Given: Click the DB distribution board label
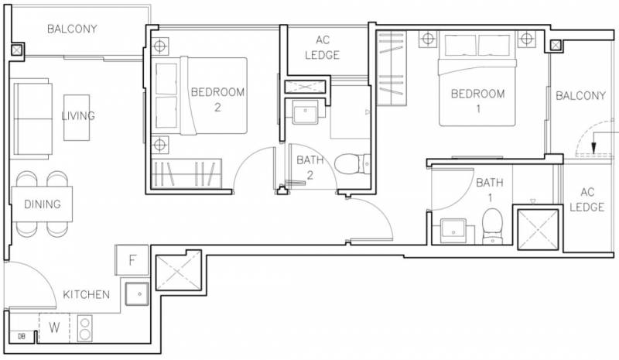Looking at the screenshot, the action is click(22, 337).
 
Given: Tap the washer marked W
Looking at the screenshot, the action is click(54, 327).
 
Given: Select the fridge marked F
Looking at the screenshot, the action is click(132, 260).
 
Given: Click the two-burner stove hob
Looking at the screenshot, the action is click(85, 328).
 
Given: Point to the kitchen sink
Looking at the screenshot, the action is click(137, 293).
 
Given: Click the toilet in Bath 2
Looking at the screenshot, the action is click(353, 164).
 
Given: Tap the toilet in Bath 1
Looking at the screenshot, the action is click(492, 226).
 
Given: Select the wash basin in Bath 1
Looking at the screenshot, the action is click(453, 231).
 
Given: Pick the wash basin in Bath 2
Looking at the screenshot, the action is click(305, 111).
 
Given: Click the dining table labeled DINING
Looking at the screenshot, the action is click(42, 204).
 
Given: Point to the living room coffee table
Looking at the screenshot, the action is click(77, 118).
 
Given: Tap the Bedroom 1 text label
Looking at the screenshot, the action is click(477, 101).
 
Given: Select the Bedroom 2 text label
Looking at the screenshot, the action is click(217, 99).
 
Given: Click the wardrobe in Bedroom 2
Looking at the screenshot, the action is click(186, 173).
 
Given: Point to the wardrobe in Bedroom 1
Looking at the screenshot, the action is click(392, 68).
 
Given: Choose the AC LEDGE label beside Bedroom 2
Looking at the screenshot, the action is click(322, 47).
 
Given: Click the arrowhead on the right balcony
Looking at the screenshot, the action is click(593, 148).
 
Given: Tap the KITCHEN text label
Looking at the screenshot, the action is click(87, 294).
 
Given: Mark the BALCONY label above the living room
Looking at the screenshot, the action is click(72, 29).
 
